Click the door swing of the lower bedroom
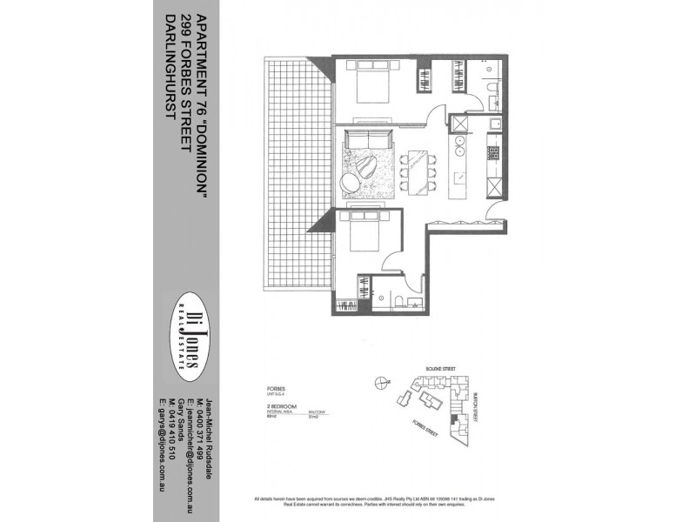point(393,258)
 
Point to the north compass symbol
point(378,381)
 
